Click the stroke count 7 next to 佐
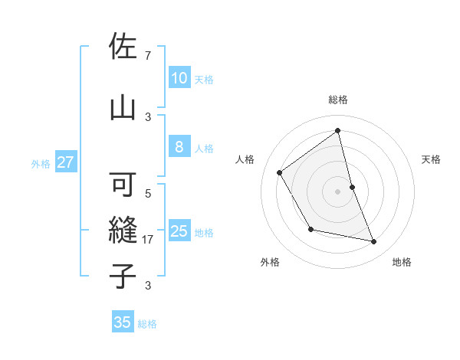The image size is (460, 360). point(147,55)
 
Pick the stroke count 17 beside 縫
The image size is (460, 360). point(148,240)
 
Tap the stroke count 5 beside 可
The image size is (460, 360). point(147,194)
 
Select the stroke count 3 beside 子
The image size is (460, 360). point(147,286)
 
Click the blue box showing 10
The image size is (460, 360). point(179,78)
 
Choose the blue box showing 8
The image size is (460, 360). point(179,148)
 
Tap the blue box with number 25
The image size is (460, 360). point(179,231)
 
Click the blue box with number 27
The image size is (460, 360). point(65,162)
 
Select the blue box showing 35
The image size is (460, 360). point(123,322)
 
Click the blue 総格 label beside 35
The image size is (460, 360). point(147,324)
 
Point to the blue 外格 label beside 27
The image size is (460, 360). point(41,163)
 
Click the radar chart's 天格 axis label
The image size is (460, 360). point(432,159)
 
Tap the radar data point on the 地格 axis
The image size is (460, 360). point(374,242)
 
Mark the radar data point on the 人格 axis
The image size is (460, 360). point(280,172)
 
